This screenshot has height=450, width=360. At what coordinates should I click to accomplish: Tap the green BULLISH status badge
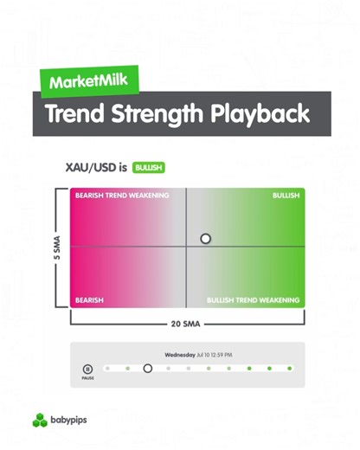click(149, 168)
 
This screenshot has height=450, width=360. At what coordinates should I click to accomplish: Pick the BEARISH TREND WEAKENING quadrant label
click(122, 196)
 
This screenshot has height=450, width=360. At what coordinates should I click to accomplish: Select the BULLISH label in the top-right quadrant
click(286, 196)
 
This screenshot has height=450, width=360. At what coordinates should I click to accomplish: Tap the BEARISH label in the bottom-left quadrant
click(89, 300)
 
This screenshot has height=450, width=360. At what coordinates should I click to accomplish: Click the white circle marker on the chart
click(205, 238)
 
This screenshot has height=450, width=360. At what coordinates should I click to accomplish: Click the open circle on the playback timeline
click(147, 369)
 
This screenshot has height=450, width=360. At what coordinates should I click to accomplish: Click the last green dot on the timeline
click(290, 369)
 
